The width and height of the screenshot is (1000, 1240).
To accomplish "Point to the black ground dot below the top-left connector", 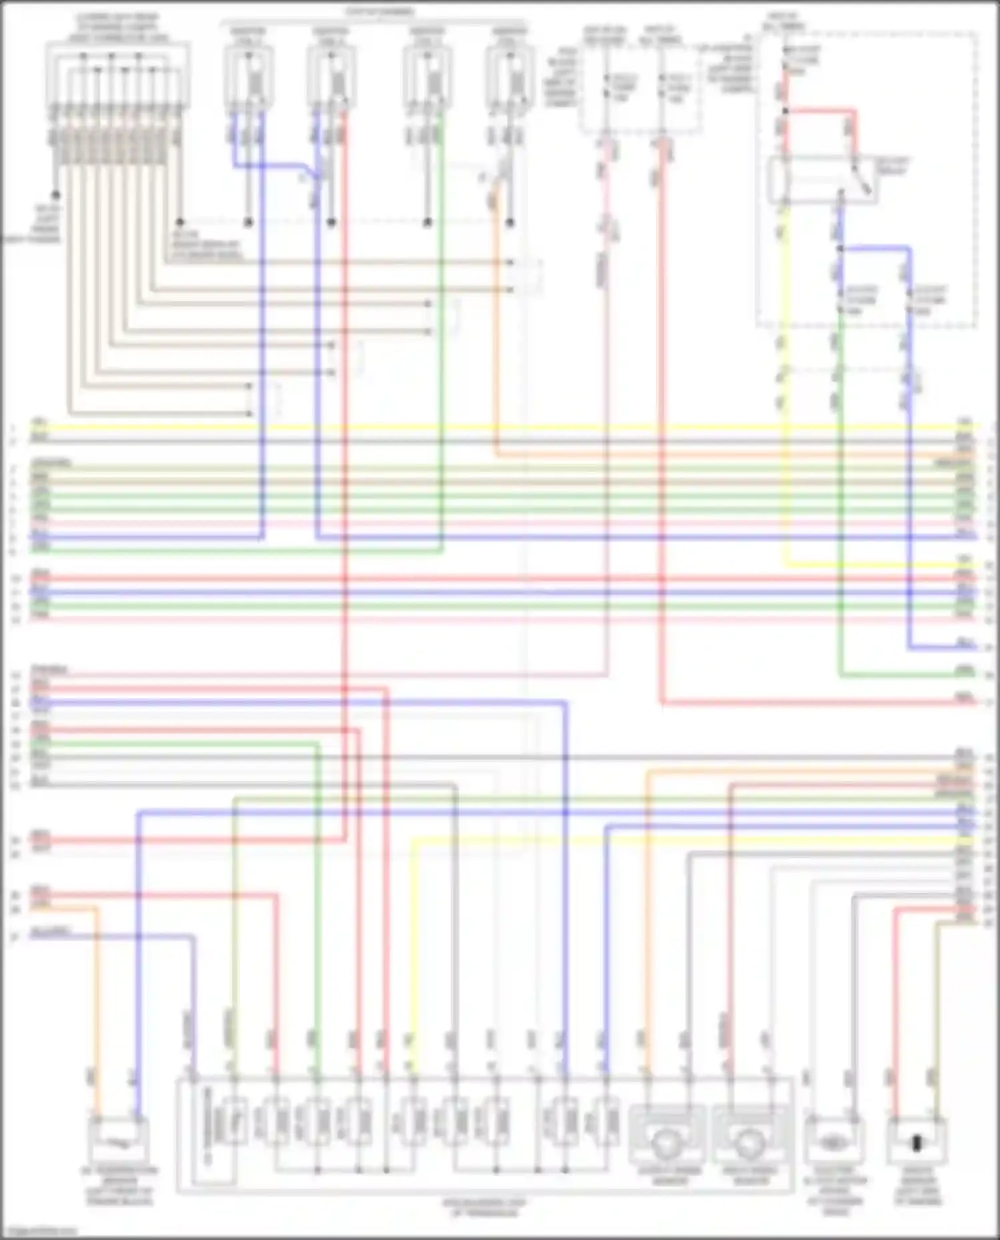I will (56, 195).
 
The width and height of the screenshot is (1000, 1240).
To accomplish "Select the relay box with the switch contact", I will (822, 180).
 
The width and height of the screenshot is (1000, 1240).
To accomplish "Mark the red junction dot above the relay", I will (785, 111).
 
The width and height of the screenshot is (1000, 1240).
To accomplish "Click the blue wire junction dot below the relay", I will (841, 249).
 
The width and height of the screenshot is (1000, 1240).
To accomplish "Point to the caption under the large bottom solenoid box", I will (485, 1208).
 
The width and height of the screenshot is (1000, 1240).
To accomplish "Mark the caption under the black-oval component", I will (919, 1186).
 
